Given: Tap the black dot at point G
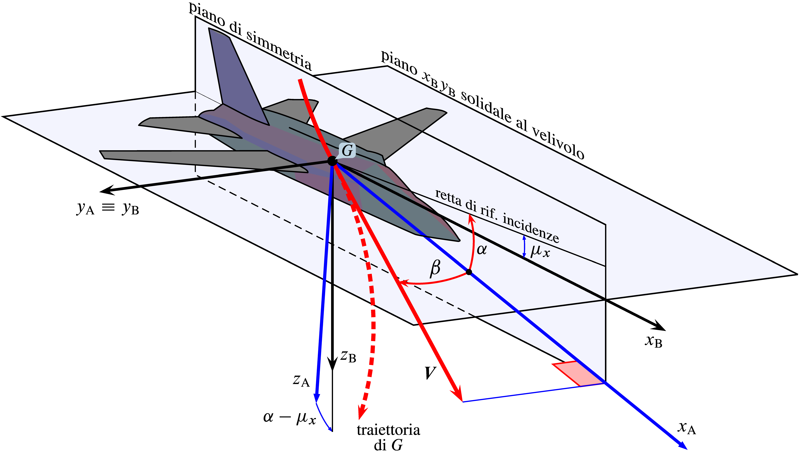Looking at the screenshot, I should [332, 161].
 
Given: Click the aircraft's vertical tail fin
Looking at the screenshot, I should [237, 78].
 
